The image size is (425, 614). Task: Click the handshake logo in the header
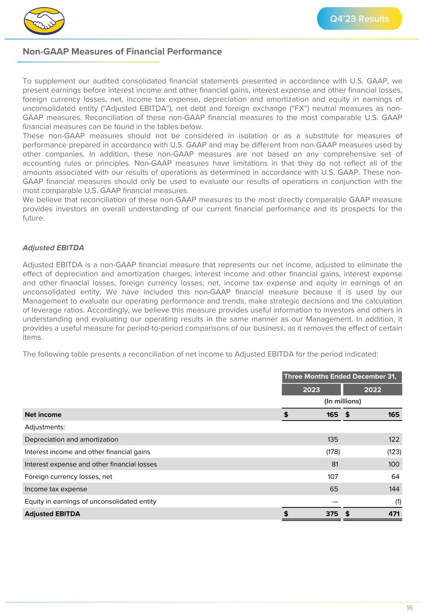[44, 21]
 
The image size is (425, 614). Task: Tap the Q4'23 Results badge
[359, 19]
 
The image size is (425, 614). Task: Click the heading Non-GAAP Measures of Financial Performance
[122, 52]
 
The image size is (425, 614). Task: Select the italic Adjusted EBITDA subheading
[53, 248]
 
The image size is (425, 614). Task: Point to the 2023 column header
[311, 390]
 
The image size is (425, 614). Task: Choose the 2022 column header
[372, 390]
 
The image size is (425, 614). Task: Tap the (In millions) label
[343, 401]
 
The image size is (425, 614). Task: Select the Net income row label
[43, 415]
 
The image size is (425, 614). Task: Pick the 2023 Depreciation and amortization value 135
[332, 439]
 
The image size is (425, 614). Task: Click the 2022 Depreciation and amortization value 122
[394, 439]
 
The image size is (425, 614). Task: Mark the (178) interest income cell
[333, 452]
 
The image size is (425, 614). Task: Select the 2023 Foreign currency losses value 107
[332, 477]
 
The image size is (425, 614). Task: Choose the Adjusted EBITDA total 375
[332, 514]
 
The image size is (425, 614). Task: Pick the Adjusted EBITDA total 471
[394, 514]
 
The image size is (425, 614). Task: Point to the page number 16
[409, 608]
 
